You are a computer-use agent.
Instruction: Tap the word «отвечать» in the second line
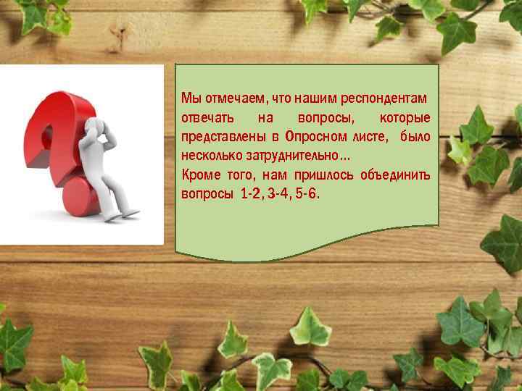207,117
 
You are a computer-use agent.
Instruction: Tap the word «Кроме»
198,175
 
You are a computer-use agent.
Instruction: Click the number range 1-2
251,195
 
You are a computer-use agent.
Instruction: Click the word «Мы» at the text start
188,98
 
